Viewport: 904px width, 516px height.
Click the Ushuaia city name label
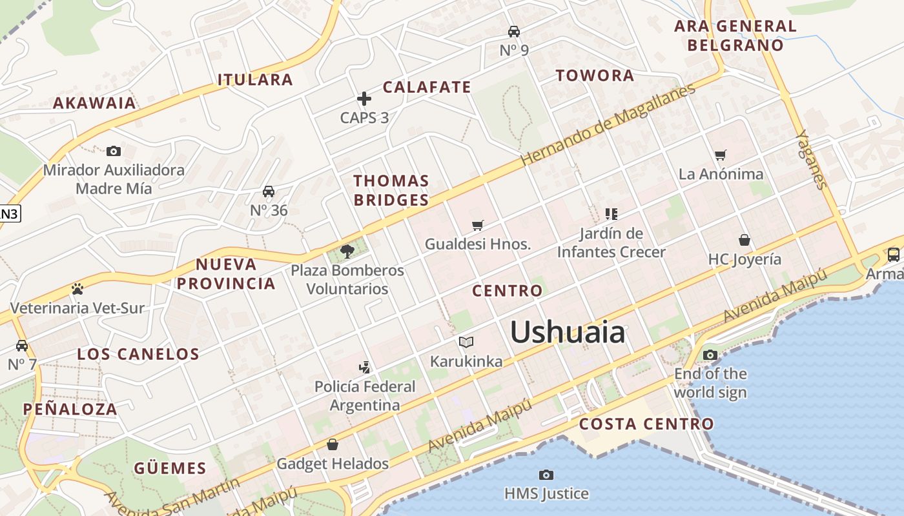tap(568, 333)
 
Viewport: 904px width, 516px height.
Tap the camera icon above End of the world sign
tap(710, 355)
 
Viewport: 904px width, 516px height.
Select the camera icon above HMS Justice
tap(546, 475)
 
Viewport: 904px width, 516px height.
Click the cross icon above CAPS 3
tap(364, 99)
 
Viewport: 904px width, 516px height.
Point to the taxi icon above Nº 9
tap(514, 31)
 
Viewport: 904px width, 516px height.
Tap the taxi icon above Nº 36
tap(269, 192)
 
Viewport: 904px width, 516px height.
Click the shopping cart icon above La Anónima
tap(721, 155)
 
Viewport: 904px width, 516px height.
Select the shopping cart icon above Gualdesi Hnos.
tap(478, 225)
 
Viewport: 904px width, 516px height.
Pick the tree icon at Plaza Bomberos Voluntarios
tap(347, 251)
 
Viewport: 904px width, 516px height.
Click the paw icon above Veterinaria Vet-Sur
tap(77, 288)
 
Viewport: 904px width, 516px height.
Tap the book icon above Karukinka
tap(466, 342)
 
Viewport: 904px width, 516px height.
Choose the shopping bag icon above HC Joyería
tap(745, 240)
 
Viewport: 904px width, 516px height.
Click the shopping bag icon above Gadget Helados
tap(333, 444)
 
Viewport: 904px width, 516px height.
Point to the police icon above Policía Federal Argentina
tap(365, 367)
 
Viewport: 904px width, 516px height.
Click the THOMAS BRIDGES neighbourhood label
tap(391, 190)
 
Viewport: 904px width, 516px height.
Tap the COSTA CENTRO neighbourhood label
tap(646, 424)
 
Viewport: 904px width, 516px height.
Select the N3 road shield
tap(9, 213)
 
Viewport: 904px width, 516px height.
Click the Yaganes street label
tap(812, 159)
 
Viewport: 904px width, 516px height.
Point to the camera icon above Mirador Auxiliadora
tap(114, 151)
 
